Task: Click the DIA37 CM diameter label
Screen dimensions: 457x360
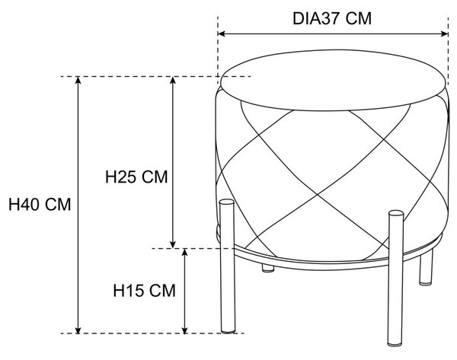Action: point(332,18)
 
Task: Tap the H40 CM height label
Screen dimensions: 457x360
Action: point(40,205)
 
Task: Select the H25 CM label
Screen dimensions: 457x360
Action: point(136,177)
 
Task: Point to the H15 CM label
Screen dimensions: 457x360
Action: point(144,291)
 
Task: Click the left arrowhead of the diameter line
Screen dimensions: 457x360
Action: point(221,33)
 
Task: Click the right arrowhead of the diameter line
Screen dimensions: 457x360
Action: point(445,33)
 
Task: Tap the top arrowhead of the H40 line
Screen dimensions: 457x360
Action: point(78,80)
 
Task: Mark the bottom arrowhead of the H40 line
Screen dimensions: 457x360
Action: point(78,330)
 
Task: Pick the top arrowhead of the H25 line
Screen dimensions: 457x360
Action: point(173,80)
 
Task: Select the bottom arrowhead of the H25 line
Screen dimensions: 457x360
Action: point(173,244)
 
